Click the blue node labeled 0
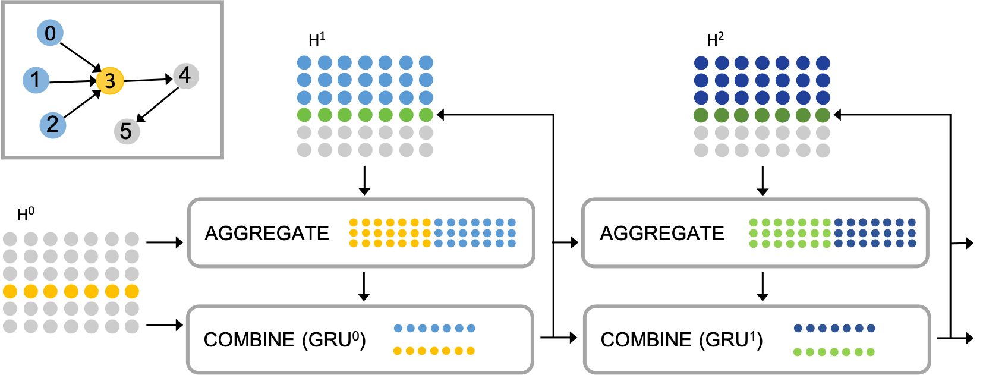pyautogui.click(x=50, y=33)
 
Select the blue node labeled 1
pyautogui.click(x=36, y=80)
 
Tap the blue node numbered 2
pyautogui.click(x=53, y=125)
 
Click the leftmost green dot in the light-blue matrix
pyautogui.click(x=304, y=115)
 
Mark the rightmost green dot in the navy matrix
pyautogui.click(x=823, y=115)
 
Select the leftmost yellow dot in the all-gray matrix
pyautogui.click(x=10, y=291)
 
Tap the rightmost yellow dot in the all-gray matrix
pyautogui.click(x=131, y=291)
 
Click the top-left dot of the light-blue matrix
pyautogui.click(x=304, y=62)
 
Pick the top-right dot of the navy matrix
pyautogui.click(x=823, y=63)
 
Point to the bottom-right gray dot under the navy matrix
pyautogui.click(x=823, y=150)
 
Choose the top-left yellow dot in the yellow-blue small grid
pyautogui.click(x=354, y=222)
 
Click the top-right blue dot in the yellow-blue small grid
pyautogui.click(x=512, y=222)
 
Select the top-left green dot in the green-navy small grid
pyautogui.click(x=754, y=222)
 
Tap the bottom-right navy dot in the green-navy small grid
pyautogui.click(x=912, y=243)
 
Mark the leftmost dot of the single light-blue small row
pyautogui.click(x=398, y=328)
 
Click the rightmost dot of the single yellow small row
pyautogui.click(x=471, y=351)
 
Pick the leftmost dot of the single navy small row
pyautogui.click(x=798, y=328)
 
